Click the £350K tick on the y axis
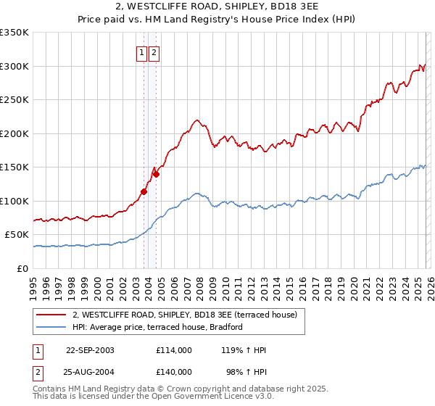(14, 33)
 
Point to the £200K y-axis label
(14, 133)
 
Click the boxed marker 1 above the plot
(143, 52)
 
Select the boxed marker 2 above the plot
(155, 52)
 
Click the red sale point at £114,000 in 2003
(144, 191)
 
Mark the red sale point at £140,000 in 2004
(156, 174)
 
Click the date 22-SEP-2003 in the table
(90, 350)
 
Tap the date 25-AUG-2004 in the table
(90, 372)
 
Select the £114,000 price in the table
(174, 350)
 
